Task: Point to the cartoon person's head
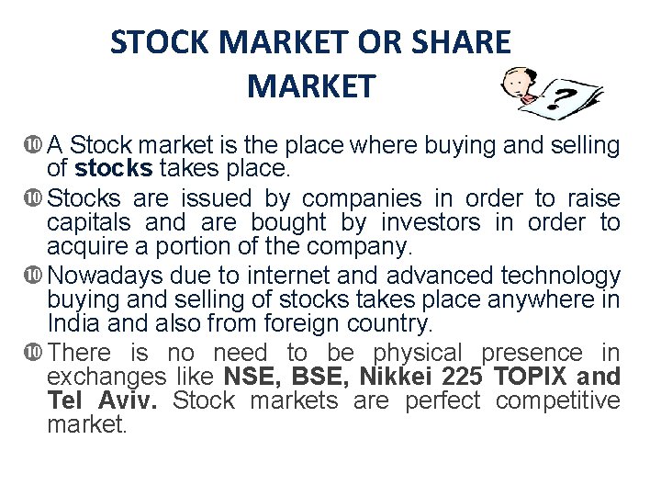[x=520, y=82]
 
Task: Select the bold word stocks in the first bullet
[x=114, y=169]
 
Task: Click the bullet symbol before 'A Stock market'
[x=35, y=145]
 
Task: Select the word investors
[x=431, y=222]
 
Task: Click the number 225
[x=462, y=377]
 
